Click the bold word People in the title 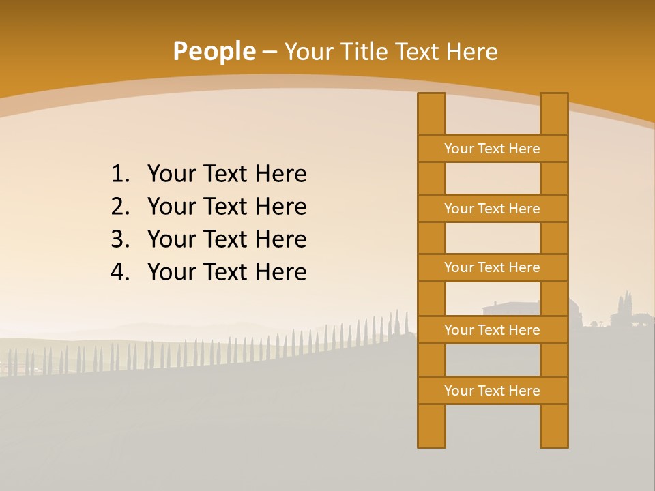point(214,52)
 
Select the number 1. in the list point(120,175)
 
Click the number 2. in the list point(120,207)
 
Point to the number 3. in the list point(120,239)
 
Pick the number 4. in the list point(120,272)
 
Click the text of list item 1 point(227,175)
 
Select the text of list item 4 point(227,272)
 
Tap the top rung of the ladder point(492,149)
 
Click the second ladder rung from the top point(492,209)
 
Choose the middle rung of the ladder point(492,268)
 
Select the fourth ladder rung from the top point(492,330)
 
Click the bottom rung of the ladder point(492,391)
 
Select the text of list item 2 point(227,207)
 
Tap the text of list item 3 point(227,239)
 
